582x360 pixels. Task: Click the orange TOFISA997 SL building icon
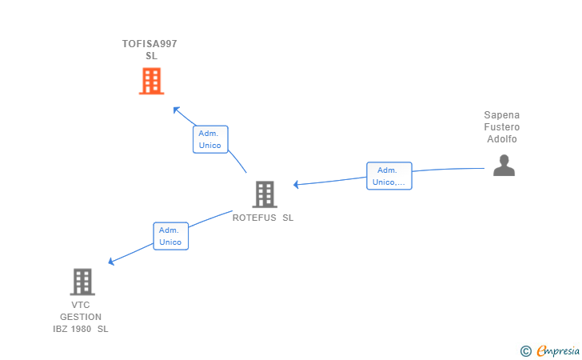pos(151,81)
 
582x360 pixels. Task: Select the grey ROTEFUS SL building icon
pos(264,194)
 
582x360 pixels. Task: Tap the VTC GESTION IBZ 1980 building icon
pos(82,282)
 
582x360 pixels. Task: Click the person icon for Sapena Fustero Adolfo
pos(504,165)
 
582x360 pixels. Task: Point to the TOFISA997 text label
pos(149,44)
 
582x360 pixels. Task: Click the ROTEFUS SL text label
pos(263,218)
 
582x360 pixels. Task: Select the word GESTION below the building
pos(81,317)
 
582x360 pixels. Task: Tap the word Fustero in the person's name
pos(502,127)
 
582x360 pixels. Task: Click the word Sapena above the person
pos(502,115)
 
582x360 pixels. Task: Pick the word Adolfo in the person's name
pos(502,139)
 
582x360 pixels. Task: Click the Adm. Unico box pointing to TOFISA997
pos(210,139)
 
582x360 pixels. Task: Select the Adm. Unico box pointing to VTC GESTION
pos(170,236)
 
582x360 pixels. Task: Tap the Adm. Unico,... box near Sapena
pos(389,176)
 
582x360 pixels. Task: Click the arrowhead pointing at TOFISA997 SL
pos(177,110)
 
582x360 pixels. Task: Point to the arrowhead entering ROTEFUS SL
pos(297,185)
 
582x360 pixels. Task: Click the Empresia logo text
pos(558,350)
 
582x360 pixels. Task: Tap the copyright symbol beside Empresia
pos(525,350)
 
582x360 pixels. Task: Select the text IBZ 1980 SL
pos(81,329)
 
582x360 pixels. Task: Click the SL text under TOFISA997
pos(151,56)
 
